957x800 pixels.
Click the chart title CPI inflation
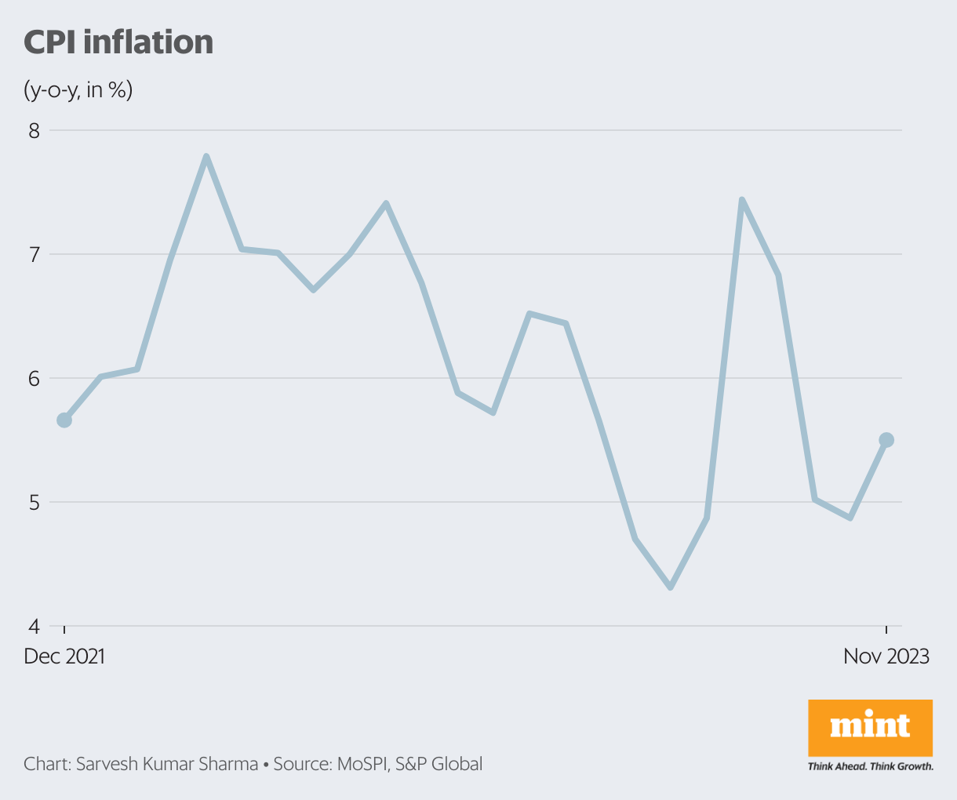tap(118, 42)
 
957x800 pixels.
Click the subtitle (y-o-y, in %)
tap(78, 90)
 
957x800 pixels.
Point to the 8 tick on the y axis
tap(34, 130)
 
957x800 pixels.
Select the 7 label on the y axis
tap(34, 254)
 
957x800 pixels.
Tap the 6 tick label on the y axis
tap(34, 378)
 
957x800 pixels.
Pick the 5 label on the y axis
tap(34, 502)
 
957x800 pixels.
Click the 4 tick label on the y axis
tap(34, 626)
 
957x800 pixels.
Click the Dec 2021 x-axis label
tap(64, 656)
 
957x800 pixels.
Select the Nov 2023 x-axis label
tap(886, 656)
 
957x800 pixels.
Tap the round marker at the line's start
tap(64, 420)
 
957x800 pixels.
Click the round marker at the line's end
tap(886, 440)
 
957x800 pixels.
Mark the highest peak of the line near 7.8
tap(206, 157)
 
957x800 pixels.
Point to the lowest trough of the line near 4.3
tap(671, 587)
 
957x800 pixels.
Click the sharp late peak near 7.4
tap(741, 200)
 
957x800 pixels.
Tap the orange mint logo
tap(870, 727)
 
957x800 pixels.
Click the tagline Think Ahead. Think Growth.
tap(870, 766)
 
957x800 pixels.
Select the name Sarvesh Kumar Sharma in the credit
tap(167, 764)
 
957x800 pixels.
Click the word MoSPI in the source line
tap(362, 764)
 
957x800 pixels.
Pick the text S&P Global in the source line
tap(439, 764)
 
